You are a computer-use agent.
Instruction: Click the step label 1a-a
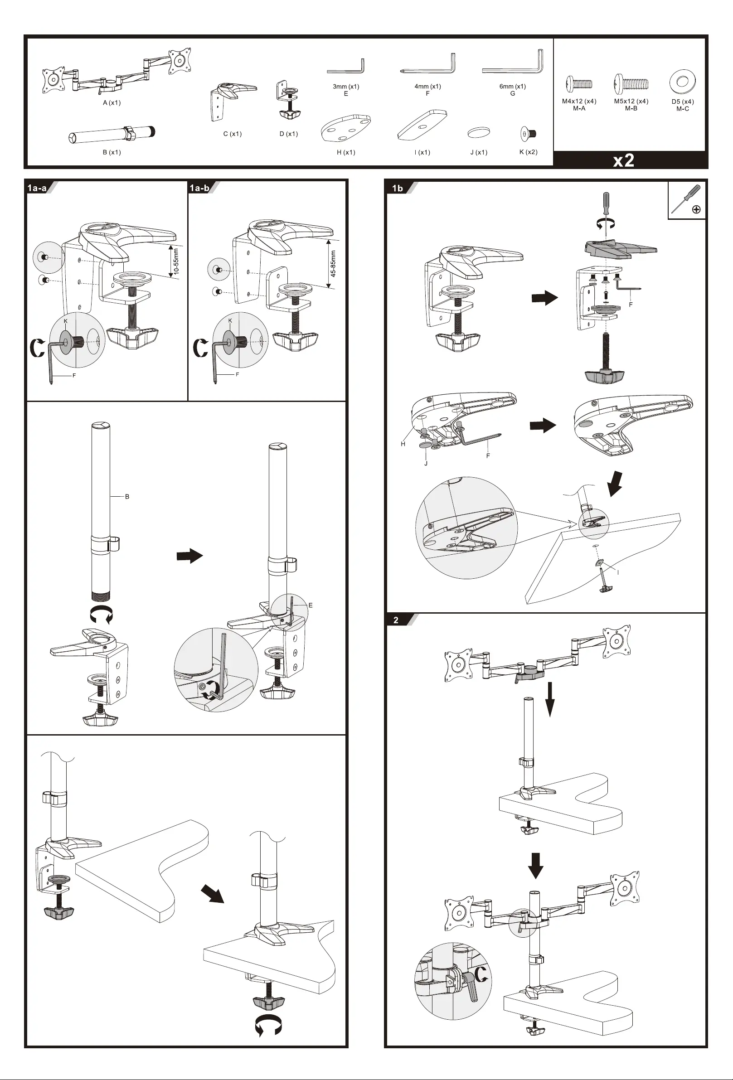coord(37,188)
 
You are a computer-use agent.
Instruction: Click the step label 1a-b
coord(199,188)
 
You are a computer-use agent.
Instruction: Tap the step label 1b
coord(398,188)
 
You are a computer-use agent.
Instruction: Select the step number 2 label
coord(396,620)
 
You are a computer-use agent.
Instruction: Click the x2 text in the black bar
coord(623,160)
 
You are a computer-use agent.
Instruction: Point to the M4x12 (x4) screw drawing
coord(579,84)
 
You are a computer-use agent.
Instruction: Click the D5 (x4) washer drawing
coord(682,82)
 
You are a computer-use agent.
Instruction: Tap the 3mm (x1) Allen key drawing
coord(346,67)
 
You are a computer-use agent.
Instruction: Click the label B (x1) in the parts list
coord(112,152)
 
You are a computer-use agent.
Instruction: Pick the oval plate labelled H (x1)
coord(345,128)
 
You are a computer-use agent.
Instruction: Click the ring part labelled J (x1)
coord(479,132)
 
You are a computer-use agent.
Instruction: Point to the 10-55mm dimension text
coord(176,261)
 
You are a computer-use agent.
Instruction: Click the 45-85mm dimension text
coord(333,263)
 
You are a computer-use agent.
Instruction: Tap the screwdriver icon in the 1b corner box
coord(686,199)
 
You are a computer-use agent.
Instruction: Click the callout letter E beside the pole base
coord(311,605)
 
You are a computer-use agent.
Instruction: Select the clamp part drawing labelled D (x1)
coord(288,100)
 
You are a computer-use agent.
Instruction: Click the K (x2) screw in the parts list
coord(528,134)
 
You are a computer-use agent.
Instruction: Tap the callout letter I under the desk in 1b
coord(618,572)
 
